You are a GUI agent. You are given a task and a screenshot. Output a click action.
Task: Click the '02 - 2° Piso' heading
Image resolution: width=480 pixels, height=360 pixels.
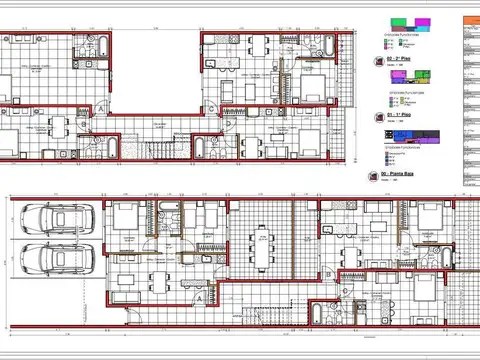click(402, 60)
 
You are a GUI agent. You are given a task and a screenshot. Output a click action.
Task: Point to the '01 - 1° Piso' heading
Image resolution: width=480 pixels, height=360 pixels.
click(402, 117)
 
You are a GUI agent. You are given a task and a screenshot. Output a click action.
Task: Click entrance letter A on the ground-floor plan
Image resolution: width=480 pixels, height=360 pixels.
click(199, 297)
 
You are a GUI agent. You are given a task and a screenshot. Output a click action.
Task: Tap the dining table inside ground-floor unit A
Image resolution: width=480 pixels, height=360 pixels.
click(159, 276)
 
